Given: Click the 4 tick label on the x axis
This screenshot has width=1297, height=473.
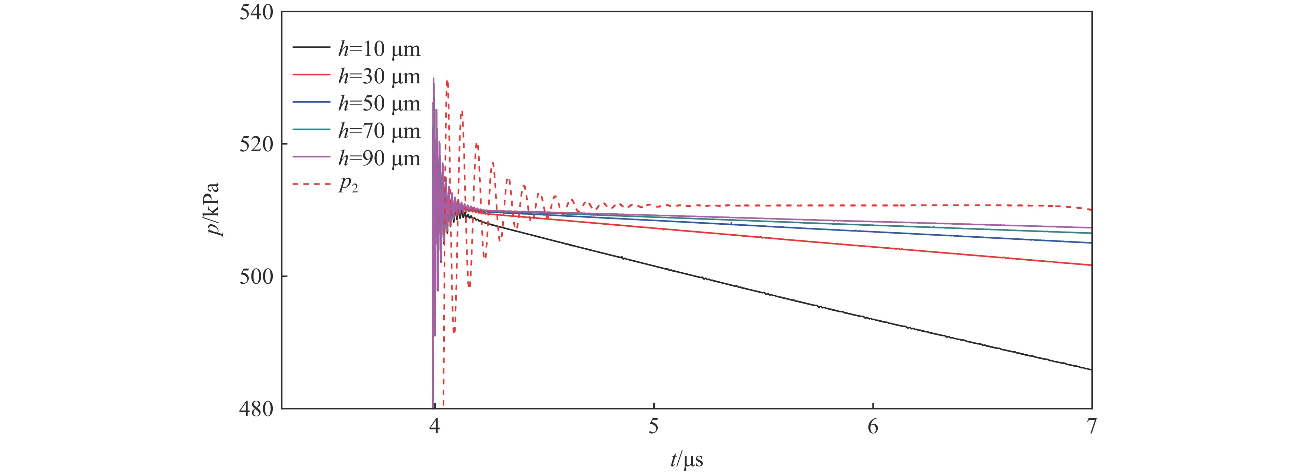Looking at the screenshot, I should pos(434,427).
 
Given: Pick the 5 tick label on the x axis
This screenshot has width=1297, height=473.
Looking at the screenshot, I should pos(654,427).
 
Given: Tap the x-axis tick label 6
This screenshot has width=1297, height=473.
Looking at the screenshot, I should pos(873,427).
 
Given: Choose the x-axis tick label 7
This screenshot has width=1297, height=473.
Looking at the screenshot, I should pos(1091,427).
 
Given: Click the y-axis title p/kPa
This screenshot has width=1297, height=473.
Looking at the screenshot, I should pos(214,209).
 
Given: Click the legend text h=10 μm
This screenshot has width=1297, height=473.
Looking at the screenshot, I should pos(379,49).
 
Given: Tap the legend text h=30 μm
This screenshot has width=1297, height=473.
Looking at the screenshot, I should pos(379,76).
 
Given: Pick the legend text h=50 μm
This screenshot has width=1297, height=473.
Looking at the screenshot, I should pos(379,104).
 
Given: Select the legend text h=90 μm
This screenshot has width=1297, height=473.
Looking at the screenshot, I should pos(379,158).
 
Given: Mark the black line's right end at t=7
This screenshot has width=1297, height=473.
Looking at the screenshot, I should pos(1090,369).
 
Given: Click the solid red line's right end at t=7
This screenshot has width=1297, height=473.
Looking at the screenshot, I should pos(1090,265).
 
